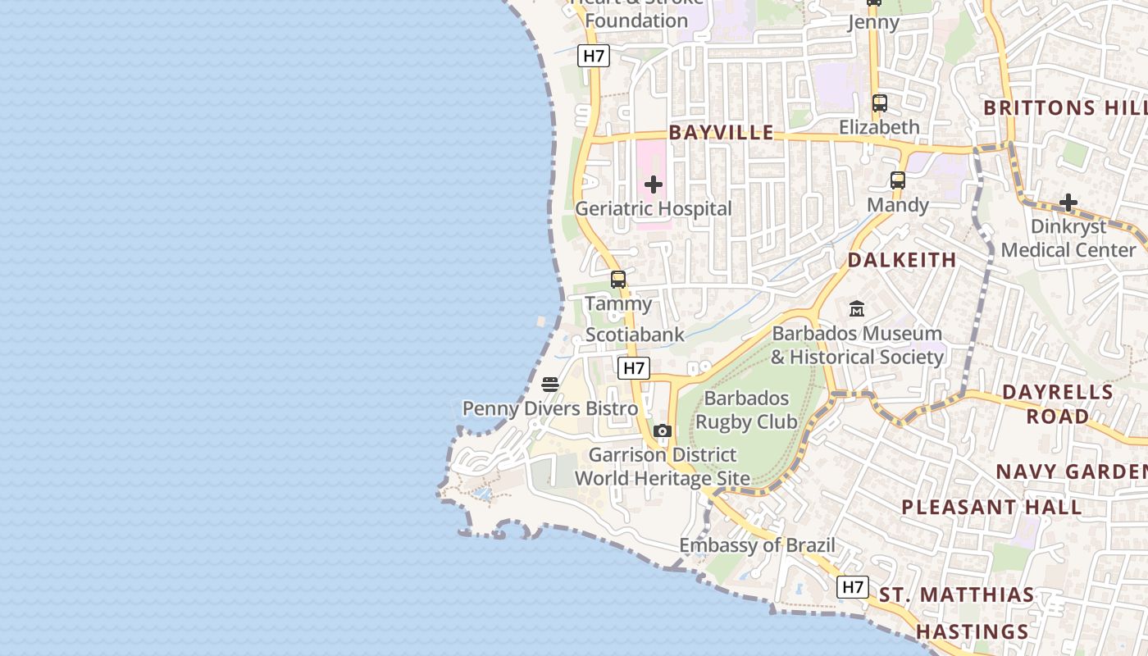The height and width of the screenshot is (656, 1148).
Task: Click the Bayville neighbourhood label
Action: coord(721,132)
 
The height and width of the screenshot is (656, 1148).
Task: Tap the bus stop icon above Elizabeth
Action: coord(880,103)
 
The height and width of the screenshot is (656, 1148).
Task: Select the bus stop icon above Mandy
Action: coord(898,180)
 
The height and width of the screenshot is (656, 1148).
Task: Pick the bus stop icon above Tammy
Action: coord(618,280)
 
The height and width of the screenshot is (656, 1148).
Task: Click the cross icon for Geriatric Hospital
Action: coord(654,184)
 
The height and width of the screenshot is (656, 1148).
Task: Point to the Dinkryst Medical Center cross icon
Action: coord(1068,203)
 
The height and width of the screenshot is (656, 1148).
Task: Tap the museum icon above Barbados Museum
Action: coord(857,309)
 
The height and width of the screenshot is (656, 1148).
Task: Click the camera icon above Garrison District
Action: coord(663,431)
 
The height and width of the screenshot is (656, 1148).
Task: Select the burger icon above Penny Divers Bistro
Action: coord(550,385)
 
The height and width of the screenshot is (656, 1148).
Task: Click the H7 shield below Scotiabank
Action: coord(634,368)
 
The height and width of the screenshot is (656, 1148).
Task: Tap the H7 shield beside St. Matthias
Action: coord(853,587)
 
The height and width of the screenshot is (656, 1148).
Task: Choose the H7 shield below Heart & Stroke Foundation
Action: coord(594,56)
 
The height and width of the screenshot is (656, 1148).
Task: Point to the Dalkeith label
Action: coord(902,260)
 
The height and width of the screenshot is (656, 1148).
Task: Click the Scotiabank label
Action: coord(635,335)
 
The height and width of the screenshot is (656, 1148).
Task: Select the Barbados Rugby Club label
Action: coord(746,410)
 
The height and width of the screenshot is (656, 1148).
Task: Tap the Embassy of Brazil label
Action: coord(757,545)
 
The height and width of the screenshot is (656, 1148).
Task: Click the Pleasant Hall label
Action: coord(992,507)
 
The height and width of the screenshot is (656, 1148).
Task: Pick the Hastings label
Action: coord(972,631)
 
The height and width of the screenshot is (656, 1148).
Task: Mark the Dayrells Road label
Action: coord(1058,403)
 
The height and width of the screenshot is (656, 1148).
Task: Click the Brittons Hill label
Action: coord(1064,107)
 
